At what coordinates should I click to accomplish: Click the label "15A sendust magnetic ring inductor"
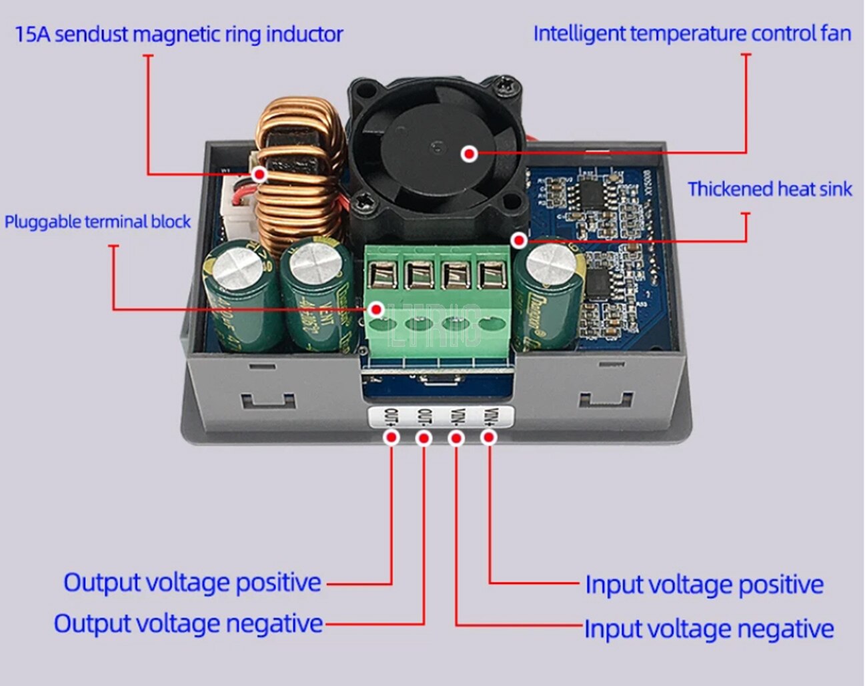179,34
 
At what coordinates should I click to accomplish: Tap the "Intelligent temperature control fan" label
692,33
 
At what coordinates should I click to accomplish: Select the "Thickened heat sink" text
770,190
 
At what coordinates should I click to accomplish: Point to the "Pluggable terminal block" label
97,222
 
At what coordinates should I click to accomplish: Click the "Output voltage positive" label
192,583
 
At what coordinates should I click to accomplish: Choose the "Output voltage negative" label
188,624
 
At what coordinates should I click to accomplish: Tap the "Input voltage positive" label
704,585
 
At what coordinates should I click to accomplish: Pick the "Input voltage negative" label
709,629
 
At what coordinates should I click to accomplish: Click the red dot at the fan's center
470,153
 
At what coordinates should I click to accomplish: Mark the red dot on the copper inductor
259,175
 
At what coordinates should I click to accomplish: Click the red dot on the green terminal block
377,310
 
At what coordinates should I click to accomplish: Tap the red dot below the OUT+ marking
392,438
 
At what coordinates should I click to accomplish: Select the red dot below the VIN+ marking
489,438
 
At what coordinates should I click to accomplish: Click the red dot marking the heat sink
519,240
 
